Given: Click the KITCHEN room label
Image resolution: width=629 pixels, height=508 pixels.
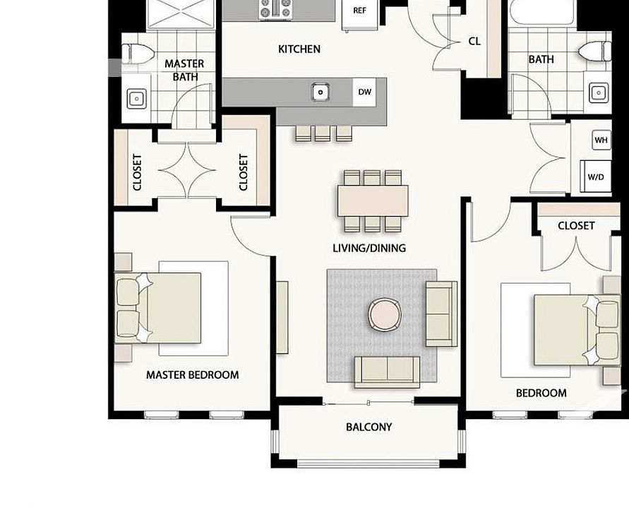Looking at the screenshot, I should click(x=299, y=49).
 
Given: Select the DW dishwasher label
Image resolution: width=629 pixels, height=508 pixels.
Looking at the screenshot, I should click(x=365, y=92).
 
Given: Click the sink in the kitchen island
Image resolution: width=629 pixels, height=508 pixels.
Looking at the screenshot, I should click(x=321, y=91).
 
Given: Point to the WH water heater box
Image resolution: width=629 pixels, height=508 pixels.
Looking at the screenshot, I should click(x=601, y=140).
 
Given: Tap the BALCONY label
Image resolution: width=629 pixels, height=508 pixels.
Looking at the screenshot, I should click(x=369, y=427).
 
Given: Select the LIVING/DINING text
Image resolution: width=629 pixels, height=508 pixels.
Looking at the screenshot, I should click(x=369, y=248).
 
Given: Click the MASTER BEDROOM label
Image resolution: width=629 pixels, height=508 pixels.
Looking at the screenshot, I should click(x=192, y=375).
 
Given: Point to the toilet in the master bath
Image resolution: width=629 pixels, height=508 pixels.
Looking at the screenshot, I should click(x=137, y=53).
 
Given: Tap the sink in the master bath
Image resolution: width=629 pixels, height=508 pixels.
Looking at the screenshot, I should click(x=136, y=97).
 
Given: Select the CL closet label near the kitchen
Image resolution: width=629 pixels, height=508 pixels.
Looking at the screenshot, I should click(x=474, y=41).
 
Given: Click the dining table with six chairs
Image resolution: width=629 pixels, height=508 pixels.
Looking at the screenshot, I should click(x=373, y=200).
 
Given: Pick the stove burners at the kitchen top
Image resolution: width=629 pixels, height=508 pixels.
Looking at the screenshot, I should click(x=275, y=9).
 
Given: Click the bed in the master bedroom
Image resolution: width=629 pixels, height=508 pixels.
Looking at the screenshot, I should click(x=169, y=308).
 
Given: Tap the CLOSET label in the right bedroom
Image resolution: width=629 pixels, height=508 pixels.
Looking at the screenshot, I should click(x=576, y=226).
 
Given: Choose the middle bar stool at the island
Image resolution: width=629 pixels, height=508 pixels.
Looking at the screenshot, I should click(x=323, y=133).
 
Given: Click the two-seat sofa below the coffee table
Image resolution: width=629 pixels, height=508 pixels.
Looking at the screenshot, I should click(x=386, y=370).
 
